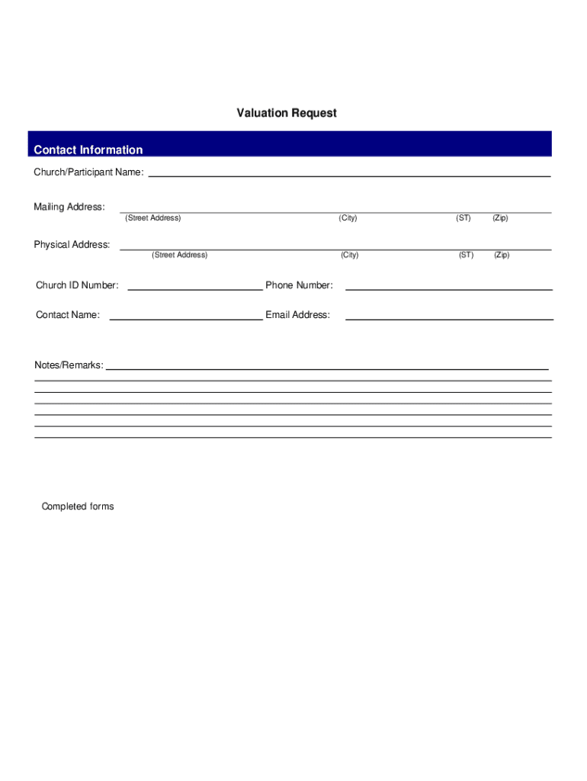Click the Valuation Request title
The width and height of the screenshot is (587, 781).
[x=286, y=113]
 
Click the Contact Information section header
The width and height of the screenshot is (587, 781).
[x=88, y=149]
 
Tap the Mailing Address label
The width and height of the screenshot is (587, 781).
[x=69, y=207]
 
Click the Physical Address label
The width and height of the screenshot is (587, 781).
[x=72, y=245]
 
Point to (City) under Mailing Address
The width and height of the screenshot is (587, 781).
[x=348, y=218]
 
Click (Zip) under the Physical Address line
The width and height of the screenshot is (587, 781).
[x=502, y=255]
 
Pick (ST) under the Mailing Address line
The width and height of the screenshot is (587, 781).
[x=464, y=218]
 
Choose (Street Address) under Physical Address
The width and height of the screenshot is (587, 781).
[x=179, y=255]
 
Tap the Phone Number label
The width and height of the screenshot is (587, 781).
[x=299, y=285]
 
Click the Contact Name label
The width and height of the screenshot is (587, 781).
[x=68, y=315]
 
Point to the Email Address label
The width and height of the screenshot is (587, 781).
[x=297, y=315]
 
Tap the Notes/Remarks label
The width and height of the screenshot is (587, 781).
[x=69, y=365]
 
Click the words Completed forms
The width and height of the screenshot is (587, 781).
[x=78, y=506]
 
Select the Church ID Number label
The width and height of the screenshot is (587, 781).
[x=77, y=285]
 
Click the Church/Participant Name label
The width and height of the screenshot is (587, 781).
[x=88, y=172]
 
